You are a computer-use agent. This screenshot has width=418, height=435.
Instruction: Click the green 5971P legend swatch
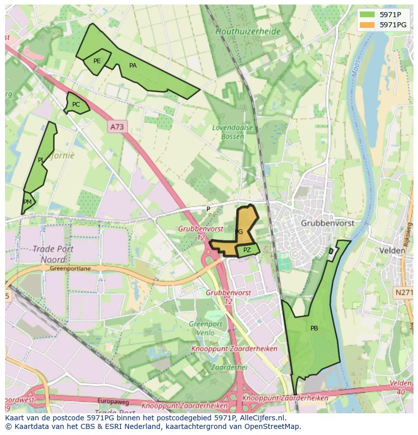click(368, 15)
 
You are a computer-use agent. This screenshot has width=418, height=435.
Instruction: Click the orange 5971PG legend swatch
click(368, 24)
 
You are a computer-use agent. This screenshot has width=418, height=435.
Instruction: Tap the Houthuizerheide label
click(248, 31)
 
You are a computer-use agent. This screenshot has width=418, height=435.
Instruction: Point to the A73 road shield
click(117, 127)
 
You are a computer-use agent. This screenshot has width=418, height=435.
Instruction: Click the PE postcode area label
click(97, 61)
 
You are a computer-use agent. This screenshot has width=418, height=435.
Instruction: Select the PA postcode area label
click(133, 66)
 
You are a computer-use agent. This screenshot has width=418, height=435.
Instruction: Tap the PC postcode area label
click(76, 105)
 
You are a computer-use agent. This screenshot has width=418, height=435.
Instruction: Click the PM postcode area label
click(27, 202)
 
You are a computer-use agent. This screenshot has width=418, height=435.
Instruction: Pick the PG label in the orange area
click(239, 232)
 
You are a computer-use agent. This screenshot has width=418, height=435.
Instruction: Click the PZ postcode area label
click(247, 250)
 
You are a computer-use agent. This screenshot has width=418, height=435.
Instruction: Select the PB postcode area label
click(314, 328)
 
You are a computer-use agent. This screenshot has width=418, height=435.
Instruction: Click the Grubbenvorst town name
click(327, 223)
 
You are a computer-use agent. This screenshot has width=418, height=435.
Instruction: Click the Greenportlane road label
click(70, 269)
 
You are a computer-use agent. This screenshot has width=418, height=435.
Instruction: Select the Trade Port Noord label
click(53, 254)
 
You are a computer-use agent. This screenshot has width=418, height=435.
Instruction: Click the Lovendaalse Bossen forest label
click(232, 132)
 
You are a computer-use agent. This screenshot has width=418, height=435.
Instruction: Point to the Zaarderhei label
click(229, 367)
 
